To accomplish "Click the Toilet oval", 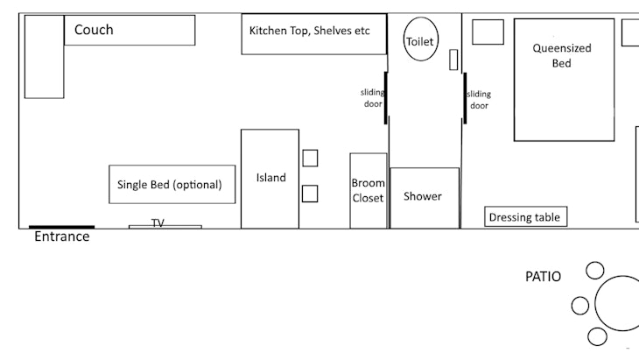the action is [421, 39].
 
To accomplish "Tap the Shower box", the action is [425, 198].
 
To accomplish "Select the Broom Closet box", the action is [369, 190].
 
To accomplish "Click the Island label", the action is [271, 178].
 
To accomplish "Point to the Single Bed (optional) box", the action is [172, 184].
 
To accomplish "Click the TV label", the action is [158, 222].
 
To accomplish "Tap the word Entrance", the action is [62, 236].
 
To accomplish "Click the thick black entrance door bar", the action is [61, 227].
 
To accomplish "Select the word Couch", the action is [94, 30].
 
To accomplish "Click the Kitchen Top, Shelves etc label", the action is [310, 31].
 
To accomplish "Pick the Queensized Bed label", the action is [562, 55].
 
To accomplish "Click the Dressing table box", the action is [526, 216].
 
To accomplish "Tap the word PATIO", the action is [544, 277].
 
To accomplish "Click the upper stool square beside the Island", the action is [310, 159].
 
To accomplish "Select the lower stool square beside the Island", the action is [310, 194].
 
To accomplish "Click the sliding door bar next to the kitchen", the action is [385, 98].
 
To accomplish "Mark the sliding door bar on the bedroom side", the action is [465, 98].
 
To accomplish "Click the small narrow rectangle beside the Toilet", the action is [453, 60].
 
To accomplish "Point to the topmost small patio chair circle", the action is [595, 271].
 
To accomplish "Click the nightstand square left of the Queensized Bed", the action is [488, 32].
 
